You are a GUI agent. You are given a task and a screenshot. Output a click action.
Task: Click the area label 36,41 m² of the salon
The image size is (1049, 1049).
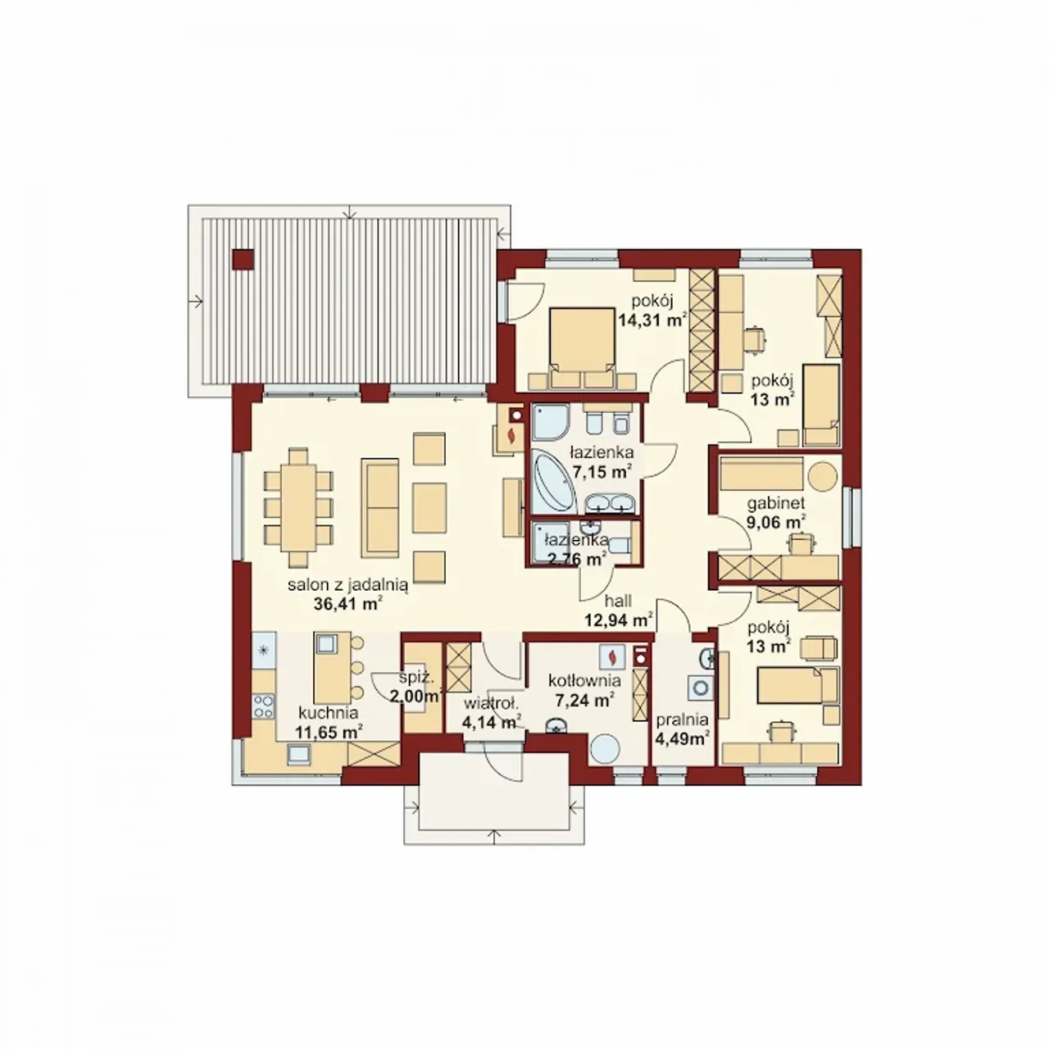tap(347, 603)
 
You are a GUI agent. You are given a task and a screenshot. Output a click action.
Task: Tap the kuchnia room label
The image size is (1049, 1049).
tap(329, 712)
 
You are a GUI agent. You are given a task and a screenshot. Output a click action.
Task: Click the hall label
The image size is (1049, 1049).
tap(619, 601)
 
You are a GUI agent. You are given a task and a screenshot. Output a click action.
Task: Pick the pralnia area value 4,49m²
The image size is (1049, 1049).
tap(682, 738)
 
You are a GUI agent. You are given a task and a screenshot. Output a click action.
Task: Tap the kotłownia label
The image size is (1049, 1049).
tap(584, 680)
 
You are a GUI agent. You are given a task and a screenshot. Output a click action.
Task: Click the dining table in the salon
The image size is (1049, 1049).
tap(297, 506)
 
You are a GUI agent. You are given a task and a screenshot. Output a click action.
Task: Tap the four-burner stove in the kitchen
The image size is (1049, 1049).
tap(264, 706)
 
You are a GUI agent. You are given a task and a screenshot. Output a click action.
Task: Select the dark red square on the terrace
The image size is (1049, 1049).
tap(243, 260)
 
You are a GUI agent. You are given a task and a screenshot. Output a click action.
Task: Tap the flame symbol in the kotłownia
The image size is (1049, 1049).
tap(612, 656)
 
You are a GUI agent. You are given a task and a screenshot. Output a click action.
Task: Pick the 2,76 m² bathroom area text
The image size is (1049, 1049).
tap(570, 559)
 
